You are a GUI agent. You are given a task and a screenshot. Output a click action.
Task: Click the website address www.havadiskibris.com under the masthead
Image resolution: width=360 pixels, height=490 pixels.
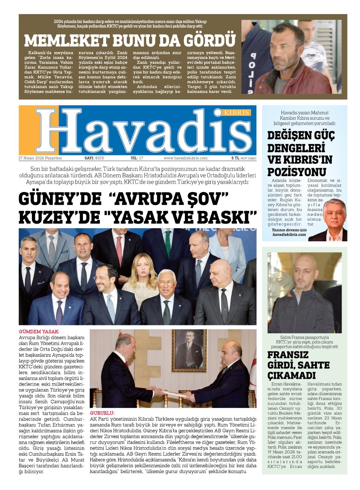point(186,158)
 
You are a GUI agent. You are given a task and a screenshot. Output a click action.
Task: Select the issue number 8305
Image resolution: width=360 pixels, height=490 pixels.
point(99,158)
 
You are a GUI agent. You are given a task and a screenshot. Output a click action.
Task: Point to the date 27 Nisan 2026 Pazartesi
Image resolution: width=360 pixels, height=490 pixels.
point(40,158)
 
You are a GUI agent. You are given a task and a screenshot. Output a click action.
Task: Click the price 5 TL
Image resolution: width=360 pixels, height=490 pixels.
point(235,158)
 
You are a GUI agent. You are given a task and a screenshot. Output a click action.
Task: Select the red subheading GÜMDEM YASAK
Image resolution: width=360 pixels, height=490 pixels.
point(39,331)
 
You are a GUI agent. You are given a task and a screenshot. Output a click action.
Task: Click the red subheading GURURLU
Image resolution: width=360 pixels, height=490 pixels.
point(102,413)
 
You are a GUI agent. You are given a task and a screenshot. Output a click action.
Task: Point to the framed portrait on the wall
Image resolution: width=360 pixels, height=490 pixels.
point(189,350)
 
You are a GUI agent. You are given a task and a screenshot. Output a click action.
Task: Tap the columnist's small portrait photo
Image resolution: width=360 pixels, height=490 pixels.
point(335,220)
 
